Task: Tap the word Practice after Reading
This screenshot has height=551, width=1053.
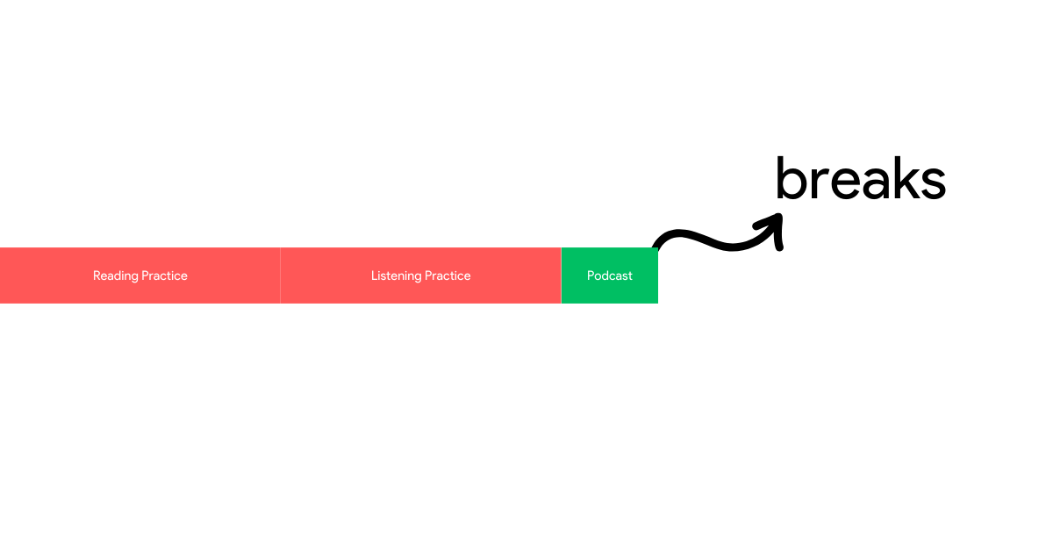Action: coord(165,275)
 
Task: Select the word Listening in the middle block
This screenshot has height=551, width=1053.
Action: coord(396,276)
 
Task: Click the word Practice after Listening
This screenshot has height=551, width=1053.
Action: coord(448,275)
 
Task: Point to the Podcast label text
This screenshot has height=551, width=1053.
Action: coord(609,275)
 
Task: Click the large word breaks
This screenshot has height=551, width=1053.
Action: coord(861,179)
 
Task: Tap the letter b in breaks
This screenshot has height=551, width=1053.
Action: coord(792,179)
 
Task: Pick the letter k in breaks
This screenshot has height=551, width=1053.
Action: coord(906,178)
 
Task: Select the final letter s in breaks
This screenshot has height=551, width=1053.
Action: coord(934,182)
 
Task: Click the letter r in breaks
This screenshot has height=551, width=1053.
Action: coord(820,182)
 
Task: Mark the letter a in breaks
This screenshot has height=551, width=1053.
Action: coord(877,182)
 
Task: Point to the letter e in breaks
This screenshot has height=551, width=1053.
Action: coord(846,182)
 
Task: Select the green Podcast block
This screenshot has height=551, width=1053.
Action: coord(609,275)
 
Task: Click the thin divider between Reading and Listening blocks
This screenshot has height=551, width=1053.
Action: coord(280,275)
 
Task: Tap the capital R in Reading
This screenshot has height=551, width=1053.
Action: coord(97,275)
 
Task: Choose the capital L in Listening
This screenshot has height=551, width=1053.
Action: coord(374,275)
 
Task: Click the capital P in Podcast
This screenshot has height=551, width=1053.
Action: coord(591,275)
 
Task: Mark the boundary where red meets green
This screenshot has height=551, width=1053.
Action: coord(562,275)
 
